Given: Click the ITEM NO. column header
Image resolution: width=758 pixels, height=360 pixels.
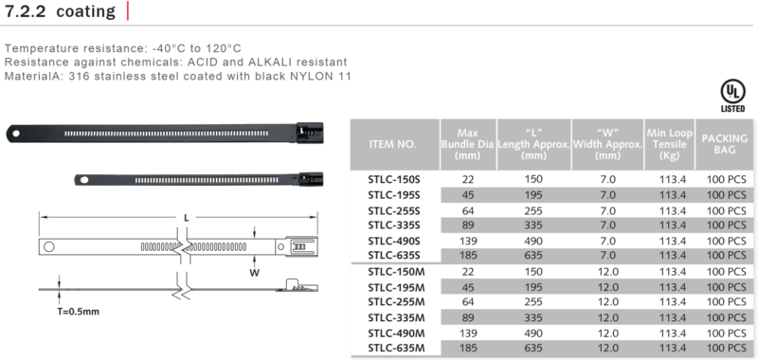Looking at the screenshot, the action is (392, 144).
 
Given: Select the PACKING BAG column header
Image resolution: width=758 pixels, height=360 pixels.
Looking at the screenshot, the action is (724, 144).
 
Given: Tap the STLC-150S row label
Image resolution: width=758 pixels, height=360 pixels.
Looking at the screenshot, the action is (394, 180).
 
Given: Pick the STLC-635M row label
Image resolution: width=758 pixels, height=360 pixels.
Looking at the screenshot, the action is (396, 348).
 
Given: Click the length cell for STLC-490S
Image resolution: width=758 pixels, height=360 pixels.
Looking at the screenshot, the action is (532, 241).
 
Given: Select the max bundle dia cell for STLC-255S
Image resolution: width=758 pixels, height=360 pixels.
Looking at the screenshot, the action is (467, 211).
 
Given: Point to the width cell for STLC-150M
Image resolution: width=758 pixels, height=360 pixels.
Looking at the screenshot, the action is (607, 272).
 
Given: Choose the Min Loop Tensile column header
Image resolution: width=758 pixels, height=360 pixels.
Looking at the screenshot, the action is (670, 144).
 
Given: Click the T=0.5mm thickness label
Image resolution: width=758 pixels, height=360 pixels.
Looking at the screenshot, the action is (78, 311).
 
